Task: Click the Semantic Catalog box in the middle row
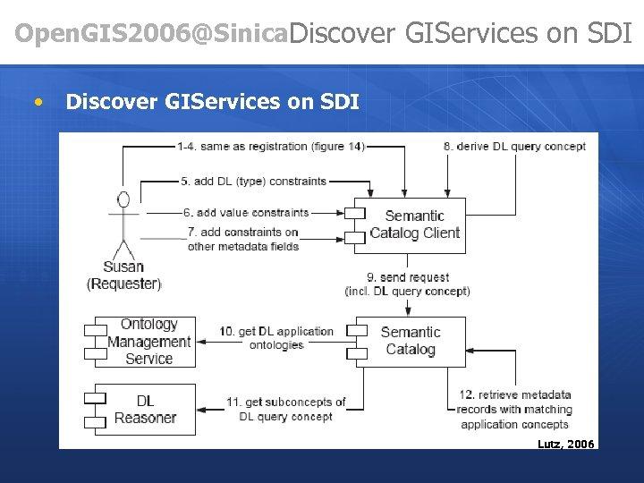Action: (411, 341)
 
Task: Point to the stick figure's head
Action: (123, 199)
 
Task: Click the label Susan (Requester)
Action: (123, 275)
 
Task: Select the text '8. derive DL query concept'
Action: (514, 147)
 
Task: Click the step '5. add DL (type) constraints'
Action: (253, 181)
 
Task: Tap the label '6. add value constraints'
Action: (245, 213)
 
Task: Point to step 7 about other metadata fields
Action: (242, 239)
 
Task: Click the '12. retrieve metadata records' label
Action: (513, 409)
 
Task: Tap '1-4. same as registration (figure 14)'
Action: (269, 147)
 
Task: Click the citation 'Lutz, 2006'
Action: (564, 444)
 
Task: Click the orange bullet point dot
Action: (38, 102)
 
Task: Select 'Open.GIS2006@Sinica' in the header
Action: (152, 34)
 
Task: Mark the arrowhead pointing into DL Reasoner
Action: (202, 409)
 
